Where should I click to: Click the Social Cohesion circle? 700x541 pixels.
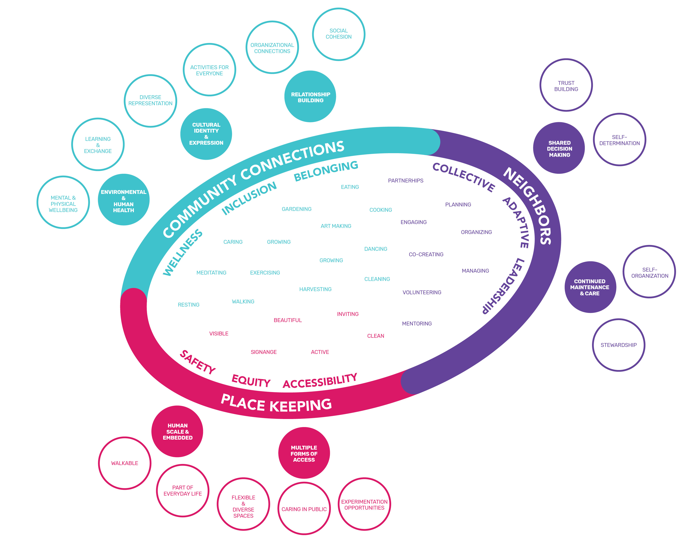(339, 34)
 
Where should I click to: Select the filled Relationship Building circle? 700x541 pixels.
(310, 97)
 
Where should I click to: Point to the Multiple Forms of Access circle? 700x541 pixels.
(304, 453)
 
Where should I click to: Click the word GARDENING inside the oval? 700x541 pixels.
(297, 209)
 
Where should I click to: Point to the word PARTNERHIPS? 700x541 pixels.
(405, 181)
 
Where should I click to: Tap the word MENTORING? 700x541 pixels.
(417, 323)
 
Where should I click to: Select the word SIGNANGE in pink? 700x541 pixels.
(263, 352)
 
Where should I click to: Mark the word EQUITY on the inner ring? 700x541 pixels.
(251, 381)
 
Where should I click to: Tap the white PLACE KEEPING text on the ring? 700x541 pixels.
(276, 404)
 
